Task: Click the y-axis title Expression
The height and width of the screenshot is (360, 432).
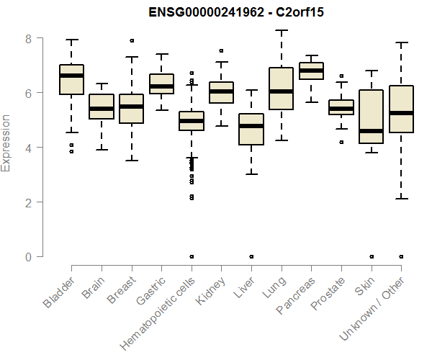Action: click(x=6, y=143)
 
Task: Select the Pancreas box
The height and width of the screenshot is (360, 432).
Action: click(x=311, y=71)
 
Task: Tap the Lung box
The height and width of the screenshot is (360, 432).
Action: click(x=281, y=89)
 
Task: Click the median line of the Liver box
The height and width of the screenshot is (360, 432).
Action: click(x=251, y=126)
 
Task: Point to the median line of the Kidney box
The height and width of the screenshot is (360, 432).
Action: click(x=221, y=91)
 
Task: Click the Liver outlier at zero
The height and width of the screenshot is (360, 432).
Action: click(x=251, y=256)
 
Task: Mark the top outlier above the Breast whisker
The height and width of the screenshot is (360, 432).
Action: click(x=131, y=41)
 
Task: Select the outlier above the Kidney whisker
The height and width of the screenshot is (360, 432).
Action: click(x=221, y=51)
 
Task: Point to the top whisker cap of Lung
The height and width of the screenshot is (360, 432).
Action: click(x=281, y=31)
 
